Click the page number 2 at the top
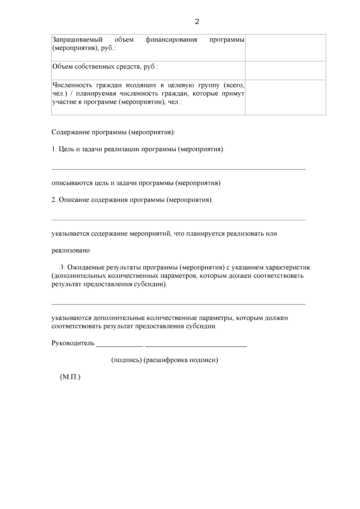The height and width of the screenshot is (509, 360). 197,22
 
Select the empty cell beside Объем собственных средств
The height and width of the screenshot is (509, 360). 285,70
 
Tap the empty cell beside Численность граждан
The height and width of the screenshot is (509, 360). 285,97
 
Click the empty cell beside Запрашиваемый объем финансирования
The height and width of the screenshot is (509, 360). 285,48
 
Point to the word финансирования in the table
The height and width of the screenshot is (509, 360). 171,40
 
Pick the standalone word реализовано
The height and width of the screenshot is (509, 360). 71,250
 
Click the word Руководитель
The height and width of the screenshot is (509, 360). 73,343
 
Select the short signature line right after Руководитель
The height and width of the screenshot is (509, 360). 120,346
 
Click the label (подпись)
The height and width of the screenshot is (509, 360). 127,360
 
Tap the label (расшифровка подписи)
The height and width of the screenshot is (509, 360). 181,360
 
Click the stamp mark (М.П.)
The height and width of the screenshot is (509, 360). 70,377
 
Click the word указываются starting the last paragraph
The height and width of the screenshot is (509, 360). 71,318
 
